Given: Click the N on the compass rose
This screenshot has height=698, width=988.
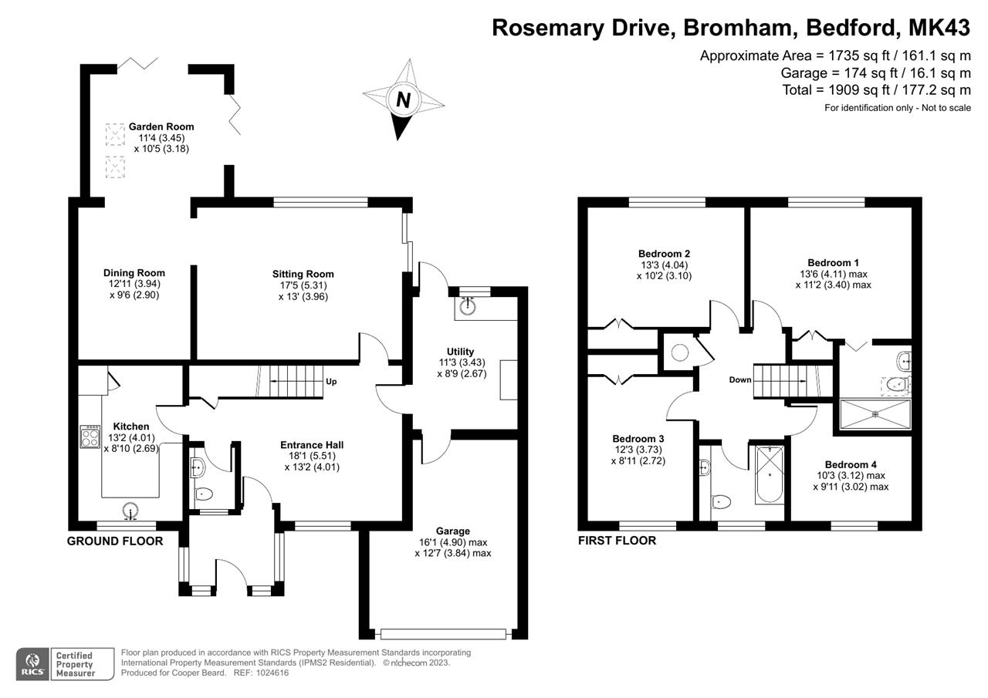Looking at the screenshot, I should (x=402, y=99).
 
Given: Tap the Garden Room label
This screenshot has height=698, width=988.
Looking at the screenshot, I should (x=161, y=126).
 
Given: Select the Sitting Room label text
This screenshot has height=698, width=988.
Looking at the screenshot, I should (x=303, y=274).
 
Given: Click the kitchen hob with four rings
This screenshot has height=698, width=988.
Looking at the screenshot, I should (x=90, y=437).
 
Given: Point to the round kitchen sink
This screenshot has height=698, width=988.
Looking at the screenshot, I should (x=131, y=510).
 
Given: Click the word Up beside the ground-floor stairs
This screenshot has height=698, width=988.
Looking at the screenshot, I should (x=331, y=382).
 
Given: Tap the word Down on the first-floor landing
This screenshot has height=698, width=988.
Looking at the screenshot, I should (x=740, y=379).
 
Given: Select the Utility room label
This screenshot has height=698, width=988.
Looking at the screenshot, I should (x=460, y=352).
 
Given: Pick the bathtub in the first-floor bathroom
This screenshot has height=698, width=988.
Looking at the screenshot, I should (x=770, y=474).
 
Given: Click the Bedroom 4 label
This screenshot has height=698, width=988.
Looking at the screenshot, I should (x=851, y=464).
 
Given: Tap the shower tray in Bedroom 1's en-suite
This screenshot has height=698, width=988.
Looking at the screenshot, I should (x=875, y=413).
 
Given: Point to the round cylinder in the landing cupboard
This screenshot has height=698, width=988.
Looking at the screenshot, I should (x=680, y=352).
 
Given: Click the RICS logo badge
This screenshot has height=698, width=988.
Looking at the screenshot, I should (x=33, y=664).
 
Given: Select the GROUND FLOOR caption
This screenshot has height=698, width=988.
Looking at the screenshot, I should (x=115, y=541).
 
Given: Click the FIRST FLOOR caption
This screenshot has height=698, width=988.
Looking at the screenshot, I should (x=617, y=541).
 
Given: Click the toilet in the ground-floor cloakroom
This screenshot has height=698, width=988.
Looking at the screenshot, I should (x=204, y=494).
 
